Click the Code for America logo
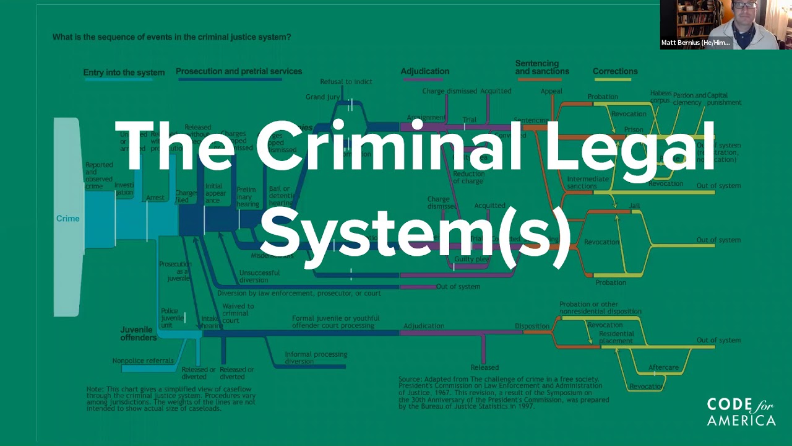[741, 412]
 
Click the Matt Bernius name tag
[695, 43]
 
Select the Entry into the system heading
[124, 72]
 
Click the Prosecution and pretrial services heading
[239, 71]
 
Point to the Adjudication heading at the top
[424, 71]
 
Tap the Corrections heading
[614, 71]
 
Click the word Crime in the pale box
[67, 219]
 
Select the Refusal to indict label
[346, 82]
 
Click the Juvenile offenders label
[138, 333]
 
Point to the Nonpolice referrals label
[144, 361]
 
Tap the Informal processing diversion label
[316, 358]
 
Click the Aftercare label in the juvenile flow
[663, 367]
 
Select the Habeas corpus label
[660, 96]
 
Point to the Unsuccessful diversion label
[259, 276]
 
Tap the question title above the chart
[171, 37]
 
